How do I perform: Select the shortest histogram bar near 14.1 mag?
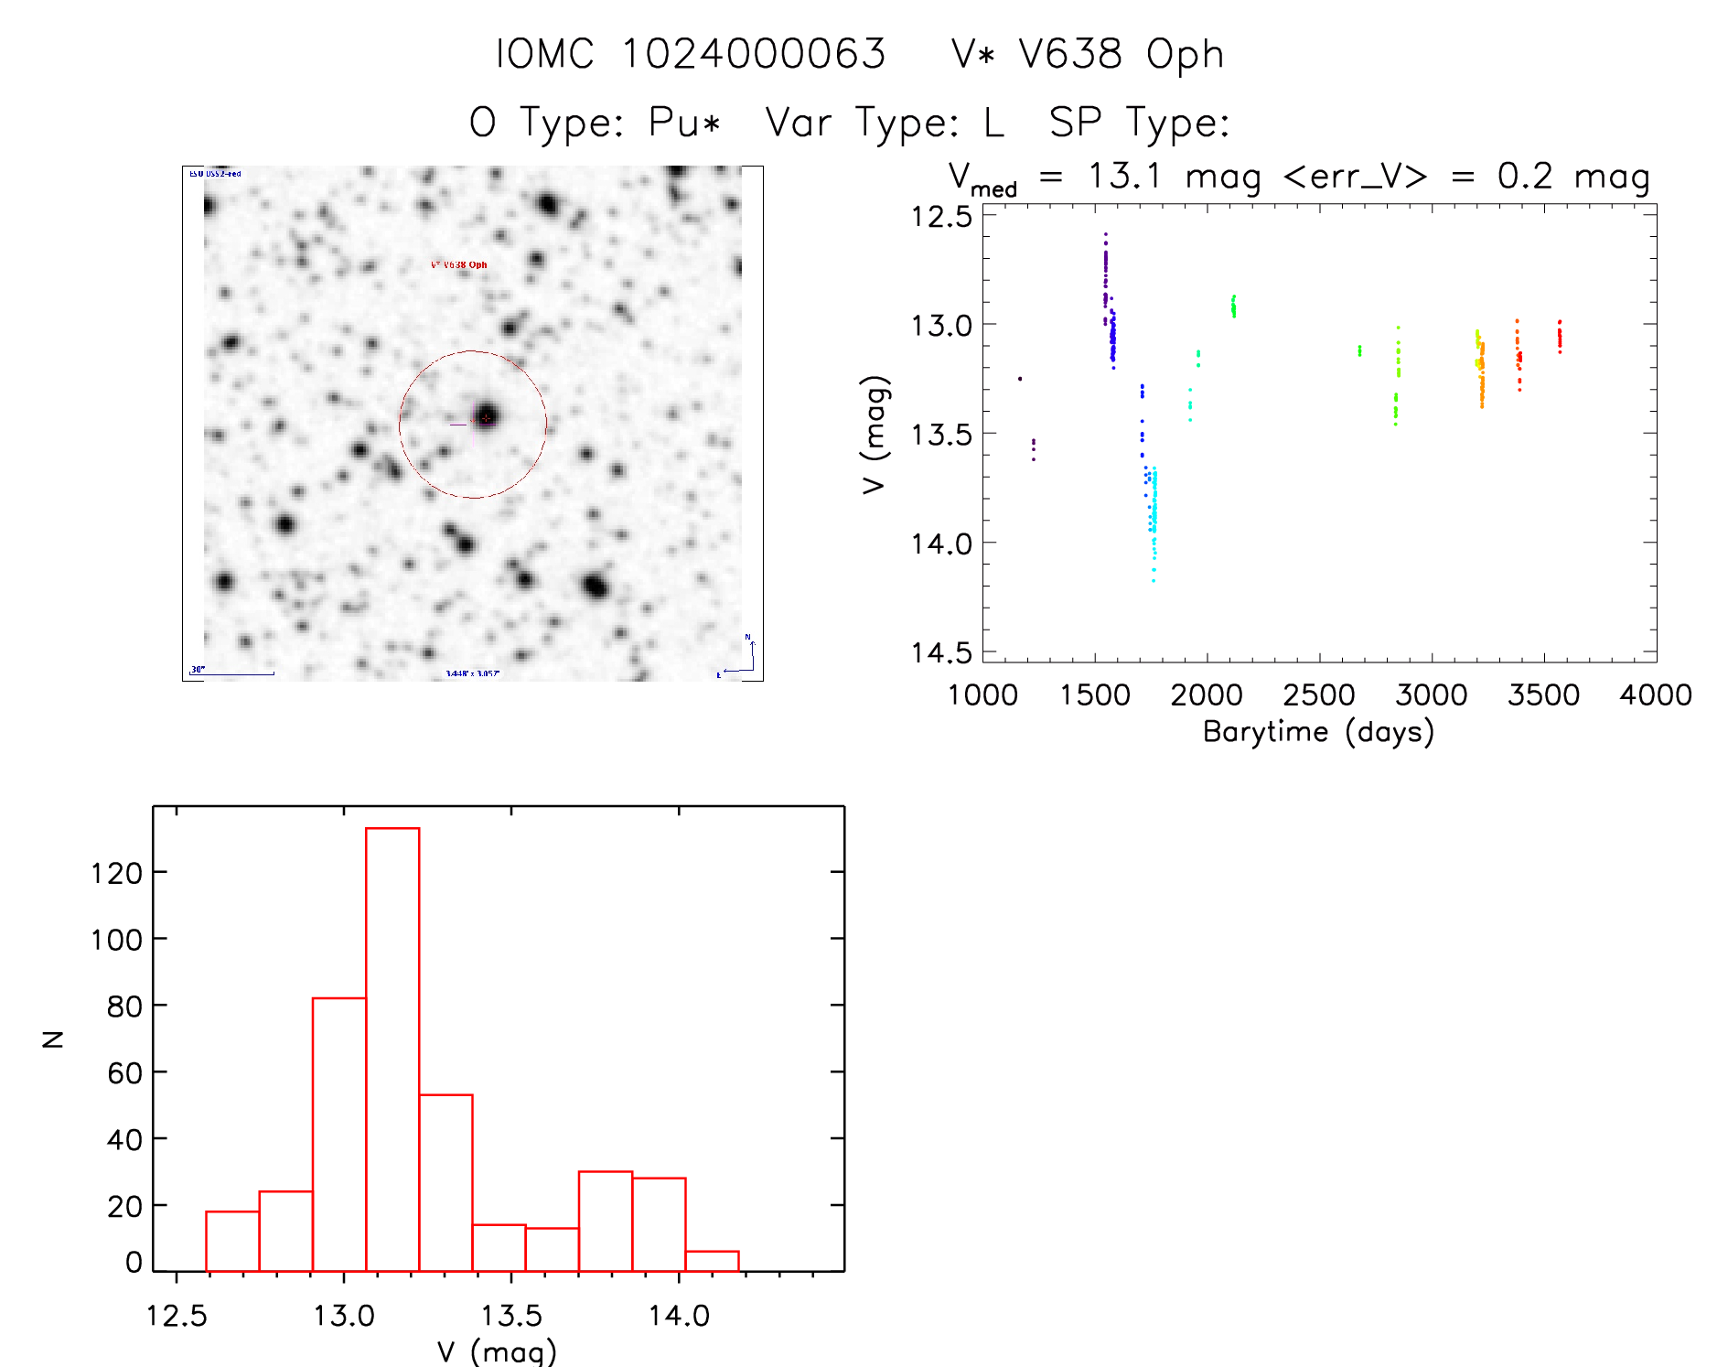712,1261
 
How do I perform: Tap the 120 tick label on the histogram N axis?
117,873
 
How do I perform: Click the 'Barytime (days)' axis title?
1318,732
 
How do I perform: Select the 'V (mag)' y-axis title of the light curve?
875,434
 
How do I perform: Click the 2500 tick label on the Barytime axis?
1318,695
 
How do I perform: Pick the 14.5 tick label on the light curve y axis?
941,652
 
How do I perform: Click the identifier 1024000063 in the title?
754,54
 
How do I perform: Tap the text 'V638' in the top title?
1071,54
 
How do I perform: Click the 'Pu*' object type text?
684,122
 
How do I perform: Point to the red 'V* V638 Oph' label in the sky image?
459,265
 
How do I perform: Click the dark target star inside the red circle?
487,417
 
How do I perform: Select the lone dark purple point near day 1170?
1020,379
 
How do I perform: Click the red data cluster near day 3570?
1560,337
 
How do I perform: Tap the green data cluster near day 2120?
1233,306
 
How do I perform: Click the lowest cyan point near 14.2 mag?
1154,580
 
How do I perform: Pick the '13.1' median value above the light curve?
1124,176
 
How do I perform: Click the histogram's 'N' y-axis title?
54,1039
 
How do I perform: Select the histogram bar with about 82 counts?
339,1135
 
